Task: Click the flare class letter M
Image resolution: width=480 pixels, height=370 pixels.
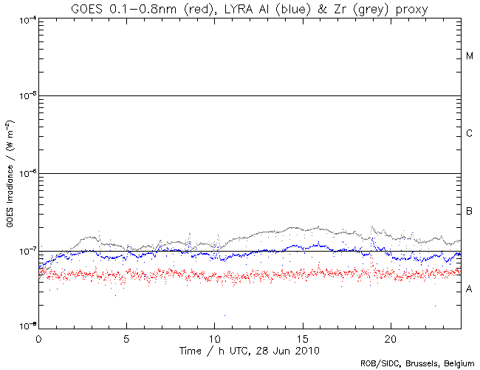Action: [x=470, y=56]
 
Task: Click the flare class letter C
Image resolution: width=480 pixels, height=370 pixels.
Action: [x=470, y=134]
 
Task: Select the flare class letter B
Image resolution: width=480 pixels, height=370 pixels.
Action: [x=470, y=212]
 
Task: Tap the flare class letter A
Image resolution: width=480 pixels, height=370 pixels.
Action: [x=470, y=289]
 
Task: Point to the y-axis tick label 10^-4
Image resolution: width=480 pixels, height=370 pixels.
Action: [x=24, y=19]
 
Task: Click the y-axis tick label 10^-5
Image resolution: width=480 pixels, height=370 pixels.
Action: [x=24, y=96]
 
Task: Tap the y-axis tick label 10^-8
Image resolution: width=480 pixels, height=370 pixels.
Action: [x=24, y=326]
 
